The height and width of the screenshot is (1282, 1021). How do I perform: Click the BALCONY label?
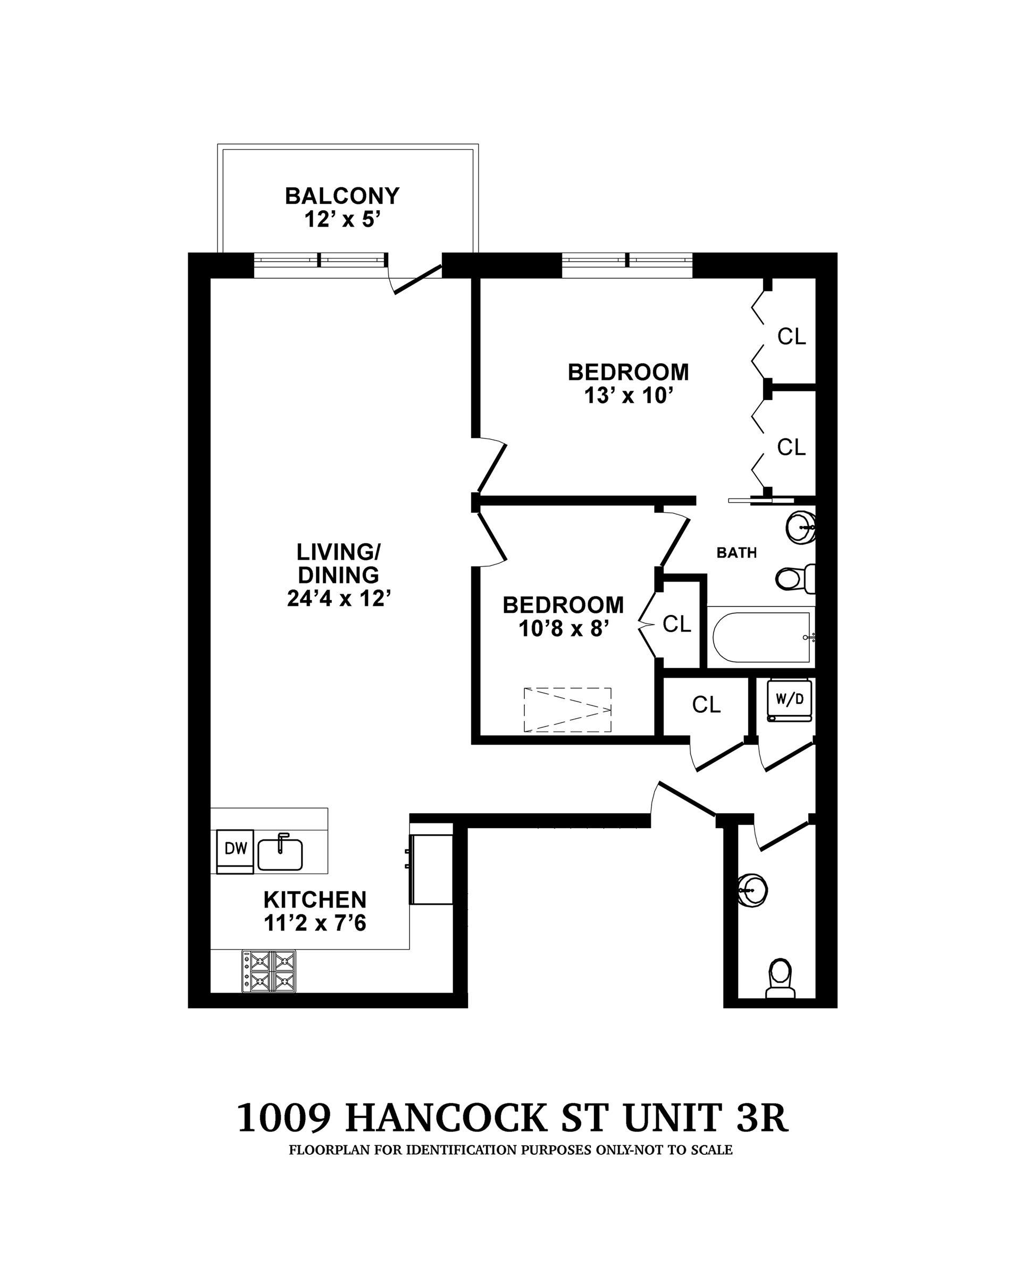pos(342,196)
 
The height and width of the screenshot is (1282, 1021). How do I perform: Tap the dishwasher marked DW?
pos(236,849)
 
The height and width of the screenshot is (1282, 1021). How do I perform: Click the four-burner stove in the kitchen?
pos(269,970)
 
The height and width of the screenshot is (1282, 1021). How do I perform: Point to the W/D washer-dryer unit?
pos(789,700)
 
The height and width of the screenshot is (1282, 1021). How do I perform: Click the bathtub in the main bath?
pos(761,637)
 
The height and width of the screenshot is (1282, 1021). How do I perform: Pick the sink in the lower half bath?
pos(752,890)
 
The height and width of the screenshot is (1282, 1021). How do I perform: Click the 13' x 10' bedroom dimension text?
pos(628,395)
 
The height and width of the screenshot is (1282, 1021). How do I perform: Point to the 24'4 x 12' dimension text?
pos(338,598)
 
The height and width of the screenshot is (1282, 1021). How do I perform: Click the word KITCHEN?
pos(315,900)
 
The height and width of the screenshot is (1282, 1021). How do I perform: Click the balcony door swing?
pos(415,280)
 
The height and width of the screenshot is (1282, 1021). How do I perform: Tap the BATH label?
pos(737,553)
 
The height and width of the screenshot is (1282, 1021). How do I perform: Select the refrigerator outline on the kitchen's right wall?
pos(431,869)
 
